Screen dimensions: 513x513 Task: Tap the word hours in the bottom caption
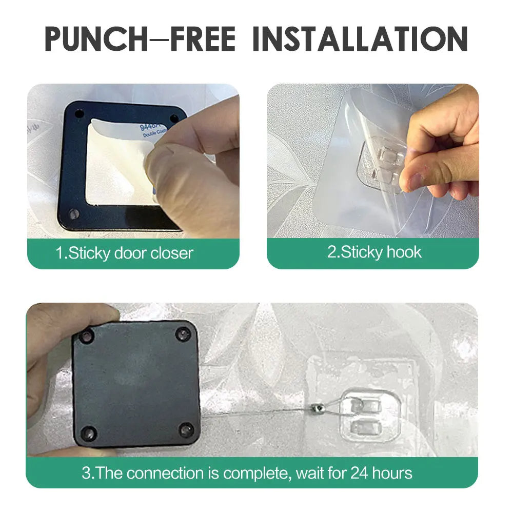coord(392,472)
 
